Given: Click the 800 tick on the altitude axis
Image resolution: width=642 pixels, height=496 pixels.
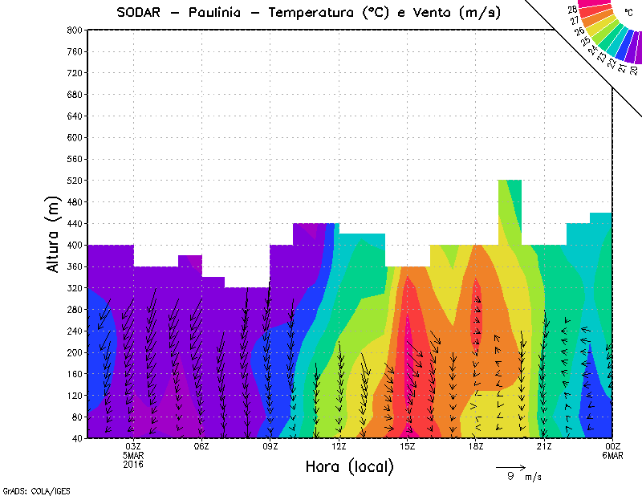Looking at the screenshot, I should click(x=74, y=30).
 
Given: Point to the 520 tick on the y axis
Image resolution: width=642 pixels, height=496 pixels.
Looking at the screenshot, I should click(x=74, y=181).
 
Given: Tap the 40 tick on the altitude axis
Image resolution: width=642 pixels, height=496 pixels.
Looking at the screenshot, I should click(x=76, y=438).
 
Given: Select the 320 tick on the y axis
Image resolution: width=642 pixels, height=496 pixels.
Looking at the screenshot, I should click(x=74, y=287).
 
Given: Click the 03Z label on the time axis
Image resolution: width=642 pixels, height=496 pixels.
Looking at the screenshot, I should click(x=133, y=446).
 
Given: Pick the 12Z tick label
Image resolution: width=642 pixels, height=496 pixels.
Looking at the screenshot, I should click(x=339, y=446).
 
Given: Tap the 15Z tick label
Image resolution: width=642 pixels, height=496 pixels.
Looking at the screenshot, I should click(x=408, y=446).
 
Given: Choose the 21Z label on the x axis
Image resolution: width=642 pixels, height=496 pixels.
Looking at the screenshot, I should click(x=544, y=446).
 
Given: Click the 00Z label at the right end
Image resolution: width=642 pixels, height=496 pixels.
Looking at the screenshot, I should click(x=613, y=446).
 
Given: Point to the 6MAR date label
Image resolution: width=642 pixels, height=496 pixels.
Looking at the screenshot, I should click(x=613, y=455).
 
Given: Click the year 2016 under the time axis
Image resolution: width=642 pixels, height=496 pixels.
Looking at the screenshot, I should click(x=133, y=464).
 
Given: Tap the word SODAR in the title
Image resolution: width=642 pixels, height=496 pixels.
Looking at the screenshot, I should click(x=141, y=12).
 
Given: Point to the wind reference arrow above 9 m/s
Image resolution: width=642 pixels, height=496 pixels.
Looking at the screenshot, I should click(x=510, y=466).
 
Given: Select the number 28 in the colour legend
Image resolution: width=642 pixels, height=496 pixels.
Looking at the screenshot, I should click(x=572, y=10).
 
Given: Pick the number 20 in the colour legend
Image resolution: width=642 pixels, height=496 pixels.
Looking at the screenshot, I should click(x=633, y=71).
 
